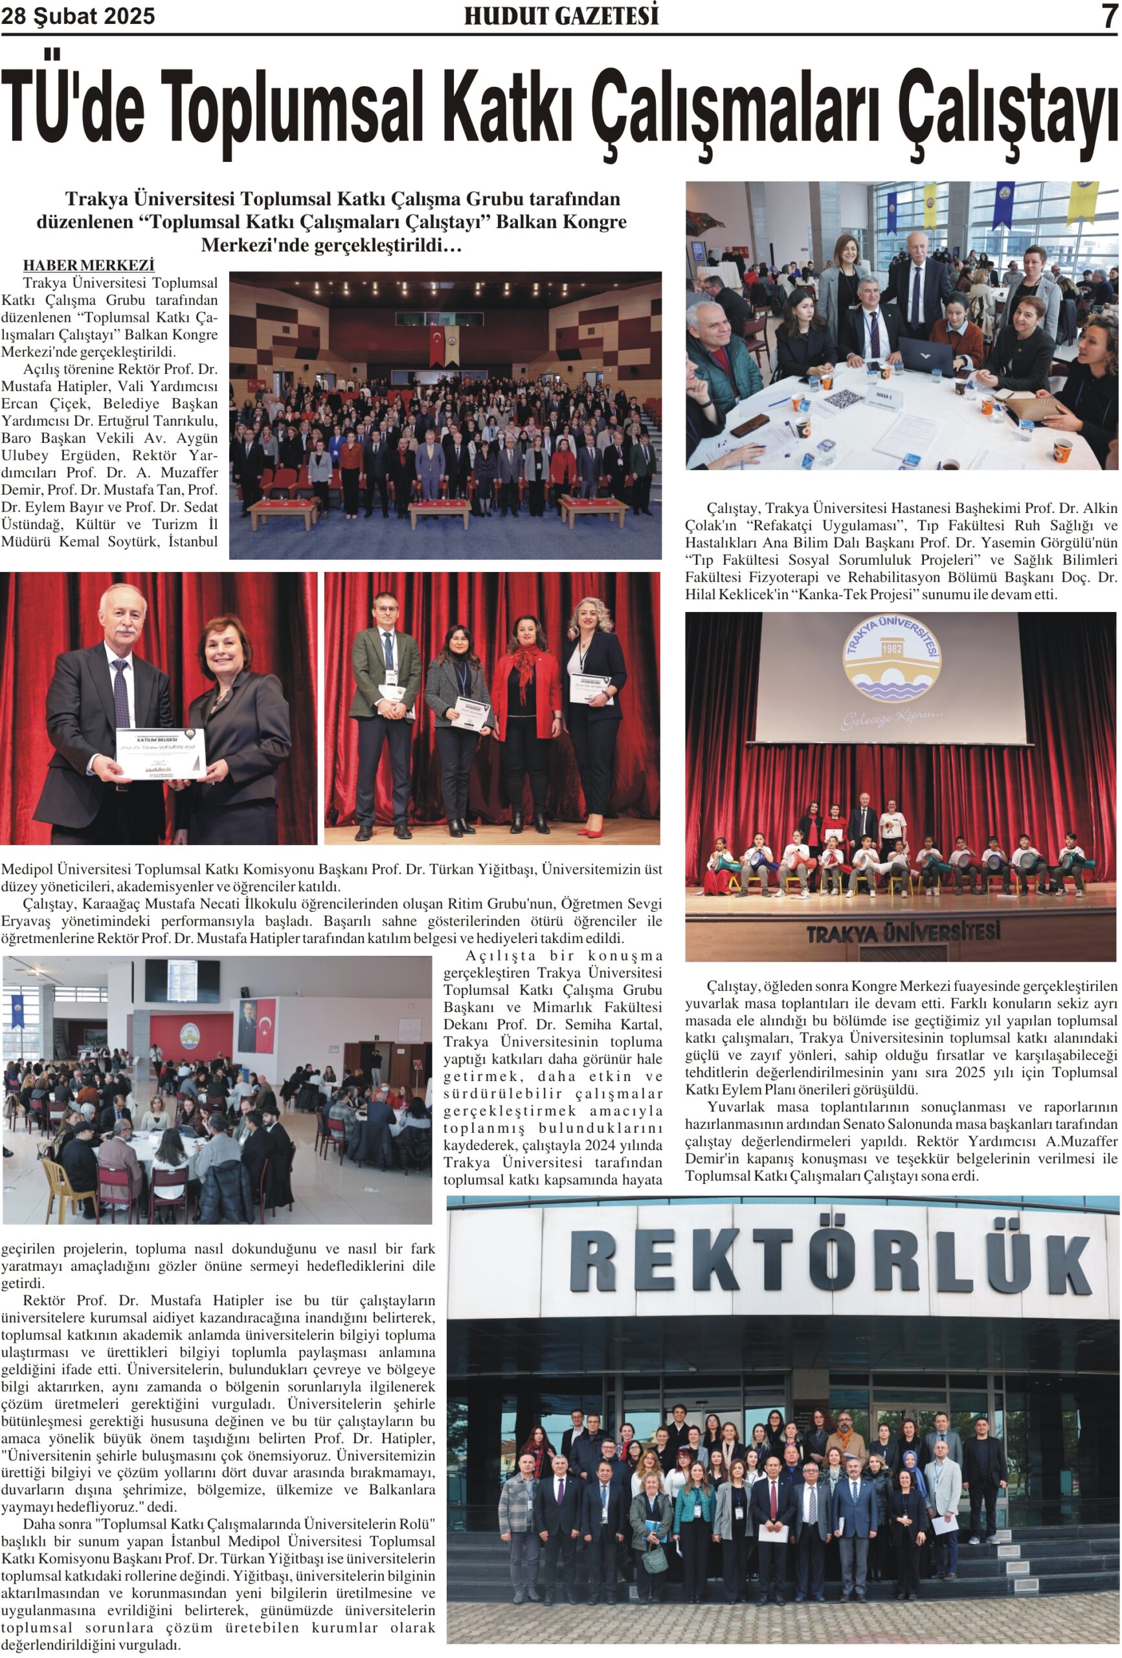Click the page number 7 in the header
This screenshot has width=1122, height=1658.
pyautogui.click(x=1108, y=16)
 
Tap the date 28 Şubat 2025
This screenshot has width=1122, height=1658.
pyautogui.click(x=78, y=16)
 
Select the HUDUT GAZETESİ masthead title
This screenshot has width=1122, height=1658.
pyautogui.click(x=561, y=16)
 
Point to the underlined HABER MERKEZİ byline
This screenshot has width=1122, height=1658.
pyautogui.click(x=89, y=266)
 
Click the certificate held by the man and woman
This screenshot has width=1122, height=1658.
pyautogui.click(x=160, y=753)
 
